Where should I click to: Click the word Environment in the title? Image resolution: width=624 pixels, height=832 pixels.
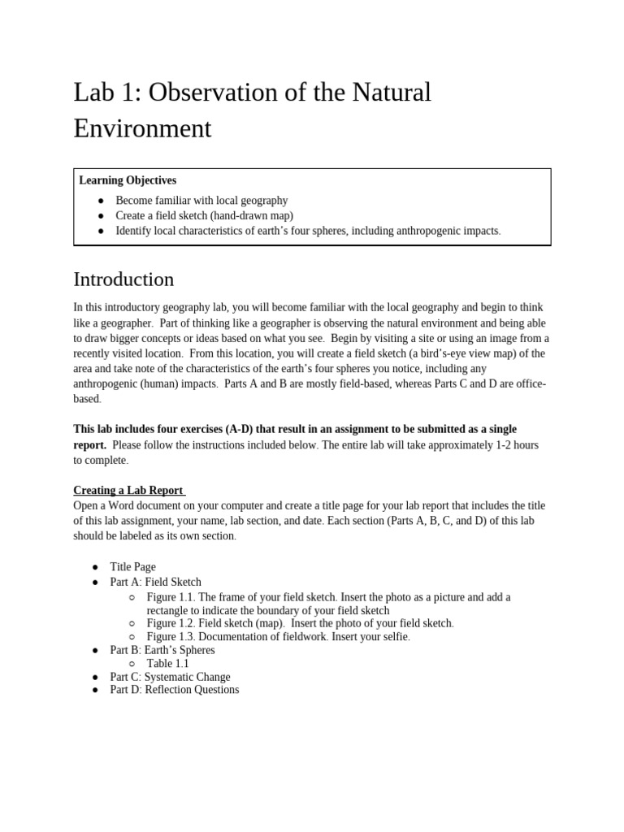[x=142, y=128]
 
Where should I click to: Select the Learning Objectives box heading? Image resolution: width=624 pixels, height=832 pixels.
[x=128, y=180]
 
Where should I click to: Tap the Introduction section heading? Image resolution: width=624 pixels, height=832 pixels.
[x=123, y=279]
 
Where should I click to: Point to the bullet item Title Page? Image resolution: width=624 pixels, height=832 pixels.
[x=132, y=567]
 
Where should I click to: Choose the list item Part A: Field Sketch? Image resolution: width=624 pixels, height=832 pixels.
[x=155, y=582]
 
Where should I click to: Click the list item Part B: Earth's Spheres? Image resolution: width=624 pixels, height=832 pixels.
[x=162, y=650]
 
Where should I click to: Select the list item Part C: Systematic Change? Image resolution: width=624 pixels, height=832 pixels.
[x=170, y=677]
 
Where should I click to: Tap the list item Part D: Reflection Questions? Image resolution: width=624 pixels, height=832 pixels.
[x=175, y=690]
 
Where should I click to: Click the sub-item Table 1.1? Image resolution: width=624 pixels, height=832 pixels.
[x=167, y=663]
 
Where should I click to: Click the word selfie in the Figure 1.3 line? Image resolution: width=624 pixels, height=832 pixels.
[x=394, y=637]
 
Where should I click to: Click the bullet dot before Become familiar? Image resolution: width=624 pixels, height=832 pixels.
[x=100, y=201]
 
